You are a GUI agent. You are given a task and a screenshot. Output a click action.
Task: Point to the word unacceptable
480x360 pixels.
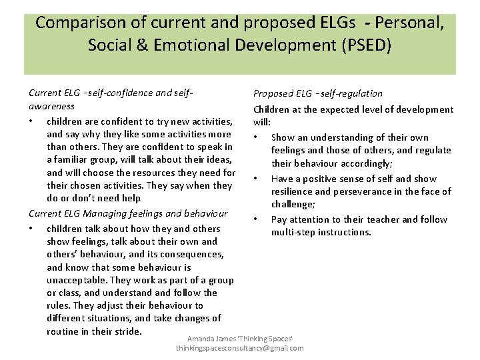point(77,280)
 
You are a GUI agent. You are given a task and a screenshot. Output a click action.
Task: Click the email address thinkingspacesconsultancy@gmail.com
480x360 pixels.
point(240,348)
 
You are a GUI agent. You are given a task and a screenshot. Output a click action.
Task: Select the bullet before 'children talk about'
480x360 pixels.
point(32,229)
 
